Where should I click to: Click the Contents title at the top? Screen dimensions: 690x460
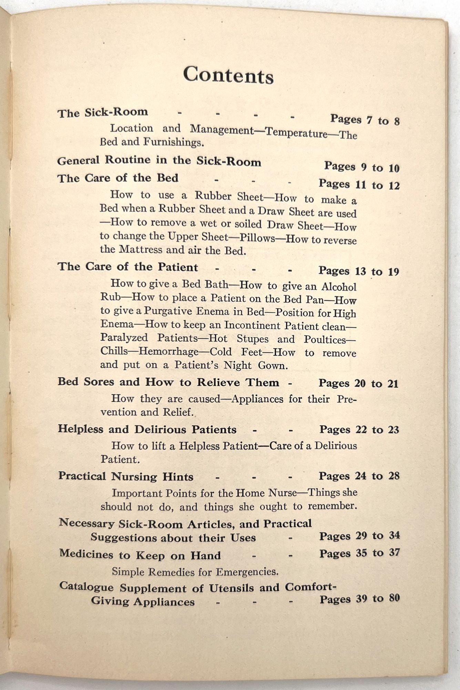pos(228,75)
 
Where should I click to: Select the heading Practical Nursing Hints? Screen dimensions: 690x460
pos(126,476)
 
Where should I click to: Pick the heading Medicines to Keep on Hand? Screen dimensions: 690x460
pos(140,555)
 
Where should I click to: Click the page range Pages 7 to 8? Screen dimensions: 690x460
pos(365,120)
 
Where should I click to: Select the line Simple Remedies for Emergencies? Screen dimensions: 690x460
pos(195,572)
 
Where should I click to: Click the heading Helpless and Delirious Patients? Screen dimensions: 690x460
pos(147,429)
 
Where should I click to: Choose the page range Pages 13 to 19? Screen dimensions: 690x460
pos(358,271)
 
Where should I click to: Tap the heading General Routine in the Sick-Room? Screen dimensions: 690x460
pos(159,161)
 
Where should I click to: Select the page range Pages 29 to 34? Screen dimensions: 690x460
pos(359,536)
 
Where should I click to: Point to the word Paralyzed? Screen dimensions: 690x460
pos(124,337)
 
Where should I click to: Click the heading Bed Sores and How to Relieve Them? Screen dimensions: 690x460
pos(168,382)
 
